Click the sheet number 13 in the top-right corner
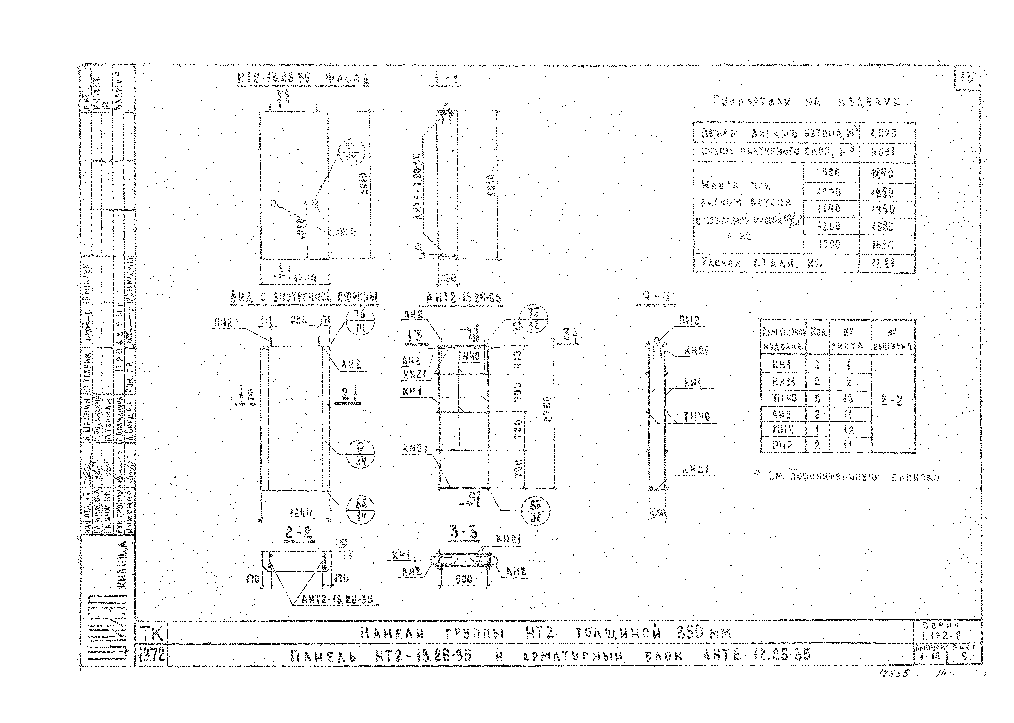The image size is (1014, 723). (967, 78)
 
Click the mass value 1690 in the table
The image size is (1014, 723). (883, 245)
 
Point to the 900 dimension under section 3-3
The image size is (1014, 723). (464, 579)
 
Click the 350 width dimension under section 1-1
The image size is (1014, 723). (448, 278)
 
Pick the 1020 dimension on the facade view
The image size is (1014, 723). (301, 229)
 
